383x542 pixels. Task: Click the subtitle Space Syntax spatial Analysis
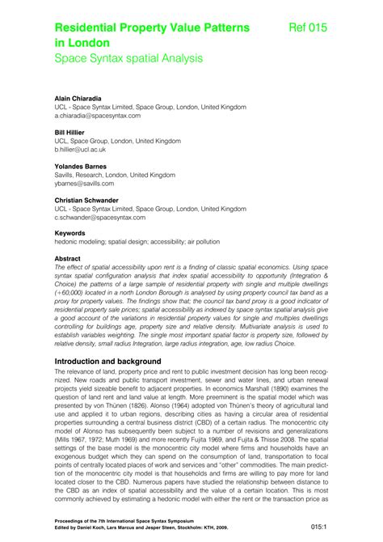point(128,58)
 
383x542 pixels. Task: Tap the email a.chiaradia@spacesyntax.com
point(99,116)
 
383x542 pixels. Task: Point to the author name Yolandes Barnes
point(84,166)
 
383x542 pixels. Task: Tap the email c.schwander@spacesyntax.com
point(100,218)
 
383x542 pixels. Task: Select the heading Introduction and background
point(119,361)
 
